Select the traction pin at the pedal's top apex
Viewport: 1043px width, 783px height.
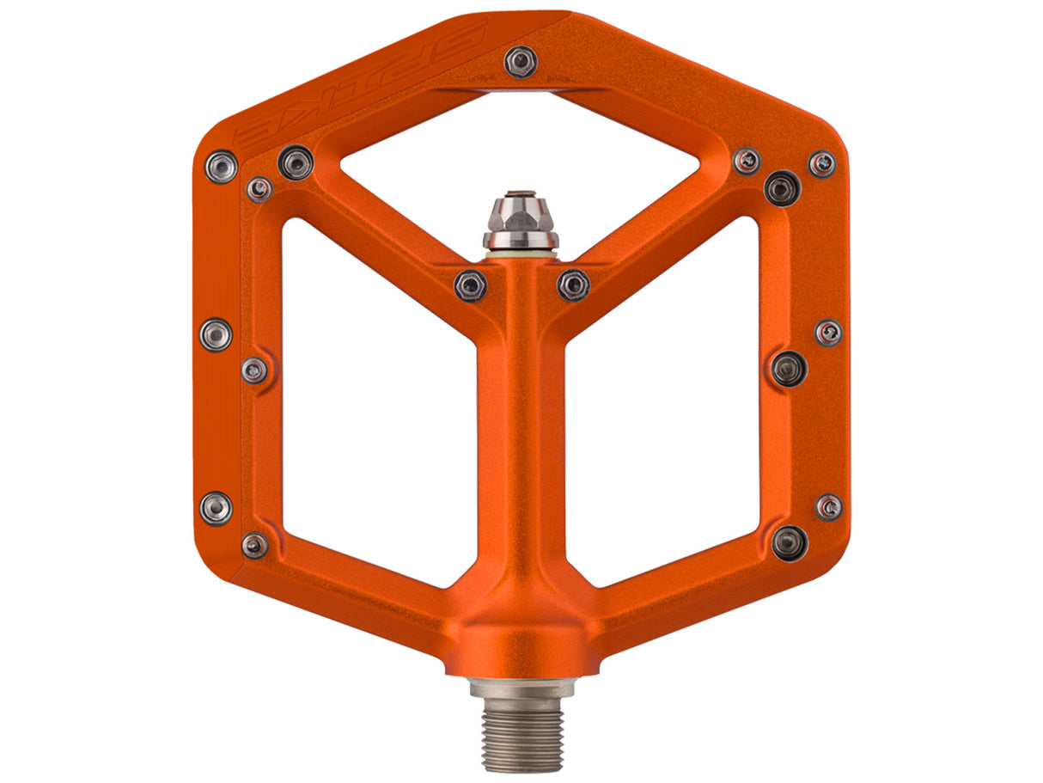point(521,61)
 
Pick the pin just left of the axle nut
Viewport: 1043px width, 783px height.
point(470,284)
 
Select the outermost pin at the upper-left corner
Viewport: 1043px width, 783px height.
point(222,165)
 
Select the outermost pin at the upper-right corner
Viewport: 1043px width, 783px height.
point(822,163)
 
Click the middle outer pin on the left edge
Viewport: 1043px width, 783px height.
point(216,334)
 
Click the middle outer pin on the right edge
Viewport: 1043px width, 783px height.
point(828,333)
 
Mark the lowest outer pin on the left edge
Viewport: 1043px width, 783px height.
point(216,507)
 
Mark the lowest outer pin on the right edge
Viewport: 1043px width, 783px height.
point(829,507)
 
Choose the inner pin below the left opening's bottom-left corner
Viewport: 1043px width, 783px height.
point(254,545)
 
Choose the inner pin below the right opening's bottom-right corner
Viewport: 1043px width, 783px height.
point(789,542)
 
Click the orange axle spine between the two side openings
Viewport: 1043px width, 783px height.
point(521,430)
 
